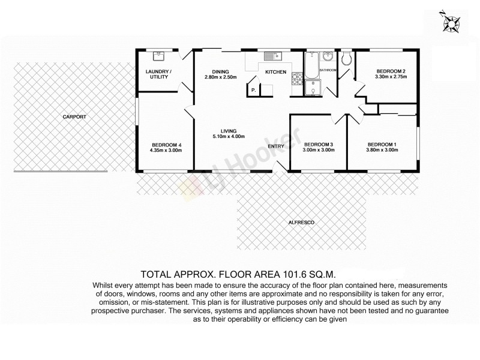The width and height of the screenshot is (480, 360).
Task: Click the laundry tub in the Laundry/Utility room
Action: click(x=160, y=56)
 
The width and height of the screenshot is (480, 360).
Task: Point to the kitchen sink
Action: click(x=272, y=56)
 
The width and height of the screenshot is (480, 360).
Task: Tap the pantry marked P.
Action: click(x=254, y=90)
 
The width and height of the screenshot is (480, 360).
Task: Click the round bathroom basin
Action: click(x=328, y=58)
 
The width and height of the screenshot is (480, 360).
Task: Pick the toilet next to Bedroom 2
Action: click(x=346, y=58)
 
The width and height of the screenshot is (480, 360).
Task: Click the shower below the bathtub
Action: click(x=311, y=89)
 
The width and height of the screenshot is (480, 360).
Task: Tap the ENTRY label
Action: click(x=275, y=146)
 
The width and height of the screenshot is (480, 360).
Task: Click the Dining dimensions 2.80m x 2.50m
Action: click(x=221, y=77)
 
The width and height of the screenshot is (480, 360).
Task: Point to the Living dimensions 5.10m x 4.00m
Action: click(x=228, y=137)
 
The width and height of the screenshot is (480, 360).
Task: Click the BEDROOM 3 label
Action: click(x=318, y=144)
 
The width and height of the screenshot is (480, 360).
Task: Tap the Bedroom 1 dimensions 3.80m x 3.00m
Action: click(x=382, y=150)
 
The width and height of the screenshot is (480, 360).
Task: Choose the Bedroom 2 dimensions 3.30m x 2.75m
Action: click(x=391, y=77)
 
